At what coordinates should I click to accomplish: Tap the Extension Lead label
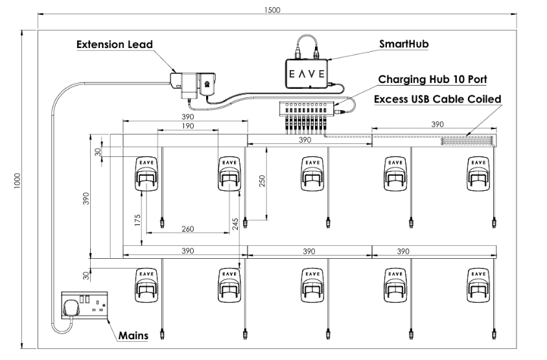[x=115, y=45]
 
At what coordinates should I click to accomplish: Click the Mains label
[x=133, y=336]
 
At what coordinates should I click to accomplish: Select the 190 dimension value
[x=189, y=126]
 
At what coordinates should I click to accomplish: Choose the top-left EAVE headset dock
[x=146, y=174]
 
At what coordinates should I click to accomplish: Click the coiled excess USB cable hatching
[x=467, y=141]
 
